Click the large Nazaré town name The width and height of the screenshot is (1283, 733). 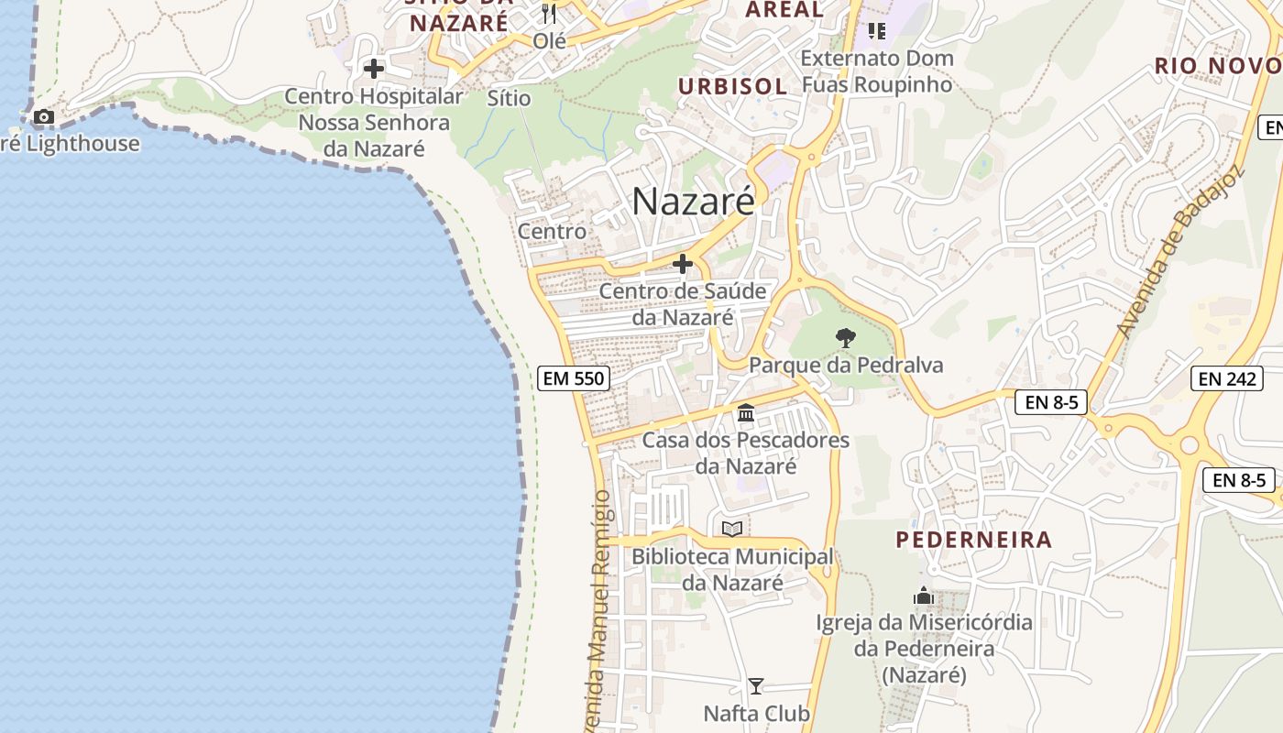(x=693, y=202)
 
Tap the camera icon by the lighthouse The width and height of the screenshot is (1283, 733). (x=43, y=117)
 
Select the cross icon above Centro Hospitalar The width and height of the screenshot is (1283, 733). (x=373, y=69)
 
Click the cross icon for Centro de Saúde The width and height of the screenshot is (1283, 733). (x=683, y=265)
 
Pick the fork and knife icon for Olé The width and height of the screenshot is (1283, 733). (x=549, y=14)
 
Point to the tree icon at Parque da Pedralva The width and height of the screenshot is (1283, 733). (x=845, y=338)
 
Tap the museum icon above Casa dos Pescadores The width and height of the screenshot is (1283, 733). (x=746, y=413)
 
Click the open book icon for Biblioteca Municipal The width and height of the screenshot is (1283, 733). (x=731, y=529)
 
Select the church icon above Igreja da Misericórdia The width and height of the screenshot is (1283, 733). (x=924, y=596)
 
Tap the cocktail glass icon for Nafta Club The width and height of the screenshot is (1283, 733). (x=756, y=686)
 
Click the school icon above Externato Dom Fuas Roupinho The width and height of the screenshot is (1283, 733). (x=877, y=32)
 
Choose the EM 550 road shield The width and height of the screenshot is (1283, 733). (x=574, y=377)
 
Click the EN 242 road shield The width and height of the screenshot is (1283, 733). (x=1227, y=377)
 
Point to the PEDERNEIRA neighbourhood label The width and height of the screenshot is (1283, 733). (x=974, y=540)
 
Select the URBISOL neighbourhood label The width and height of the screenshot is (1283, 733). (x=732, y=87)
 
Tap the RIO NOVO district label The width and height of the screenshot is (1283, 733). (x=1218, y=66)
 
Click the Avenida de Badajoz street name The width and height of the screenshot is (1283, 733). (x=1178, y=252)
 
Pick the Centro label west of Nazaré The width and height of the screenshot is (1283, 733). (x=552, y=231)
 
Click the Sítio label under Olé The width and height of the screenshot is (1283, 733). (x=510, y=97)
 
